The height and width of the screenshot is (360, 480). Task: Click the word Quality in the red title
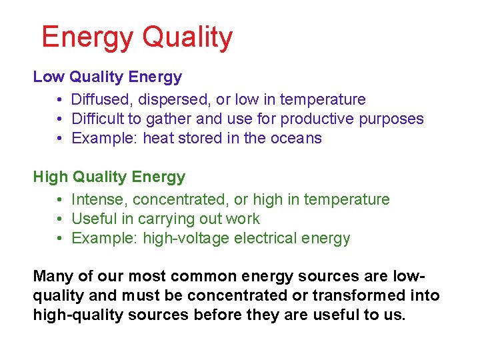point(187,37)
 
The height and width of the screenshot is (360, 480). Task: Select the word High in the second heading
point(51,177)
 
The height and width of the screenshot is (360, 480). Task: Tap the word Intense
point(99,199)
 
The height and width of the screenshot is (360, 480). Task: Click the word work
point(243,219)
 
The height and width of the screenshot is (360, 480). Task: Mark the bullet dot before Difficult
point(60,119)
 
